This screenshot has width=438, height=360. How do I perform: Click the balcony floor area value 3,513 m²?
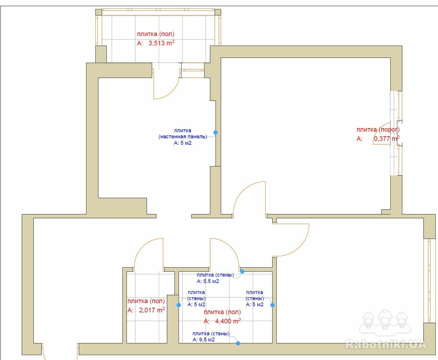161,43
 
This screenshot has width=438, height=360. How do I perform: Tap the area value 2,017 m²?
152,310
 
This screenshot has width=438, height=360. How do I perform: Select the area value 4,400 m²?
228,321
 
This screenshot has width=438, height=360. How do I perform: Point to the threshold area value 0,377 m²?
387,138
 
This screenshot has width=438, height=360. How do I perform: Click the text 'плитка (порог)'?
378,130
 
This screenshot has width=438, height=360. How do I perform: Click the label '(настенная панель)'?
183,137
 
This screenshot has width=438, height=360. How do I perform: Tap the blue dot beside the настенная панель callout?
215,132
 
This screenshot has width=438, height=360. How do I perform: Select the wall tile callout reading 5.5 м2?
215,278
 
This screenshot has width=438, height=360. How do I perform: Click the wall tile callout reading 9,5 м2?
211,337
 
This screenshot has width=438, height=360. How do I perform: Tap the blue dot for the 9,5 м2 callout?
238,343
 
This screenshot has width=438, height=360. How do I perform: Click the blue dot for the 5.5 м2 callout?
242,271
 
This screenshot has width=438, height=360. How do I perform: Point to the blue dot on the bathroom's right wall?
273,305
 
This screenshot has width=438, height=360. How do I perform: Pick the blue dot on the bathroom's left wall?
178,305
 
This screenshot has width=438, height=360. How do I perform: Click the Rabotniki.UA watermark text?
386,345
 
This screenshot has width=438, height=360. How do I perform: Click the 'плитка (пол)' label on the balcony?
155,34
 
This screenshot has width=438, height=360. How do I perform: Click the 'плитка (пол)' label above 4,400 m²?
222,312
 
